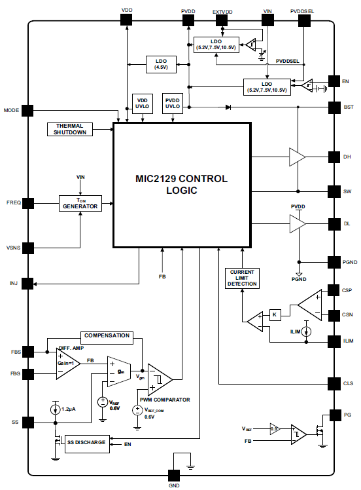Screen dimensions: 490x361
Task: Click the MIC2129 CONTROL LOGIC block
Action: point(181,184)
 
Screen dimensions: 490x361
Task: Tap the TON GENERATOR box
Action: point(80,203)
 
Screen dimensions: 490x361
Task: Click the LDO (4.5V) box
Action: point(160,64)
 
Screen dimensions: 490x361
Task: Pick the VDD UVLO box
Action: point(143,103)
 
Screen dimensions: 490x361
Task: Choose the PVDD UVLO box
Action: point(173,103)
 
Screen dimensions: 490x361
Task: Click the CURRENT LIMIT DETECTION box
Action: point(241,278)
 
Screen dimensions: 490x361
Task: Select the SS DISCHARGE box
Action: point(86,442)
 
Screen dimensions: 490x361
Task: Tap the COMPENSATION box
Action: point(107,336)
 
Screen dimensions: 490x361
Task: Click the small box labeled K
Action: point(275,315)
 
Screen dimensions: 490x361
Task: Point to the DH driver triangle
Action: point(298,157)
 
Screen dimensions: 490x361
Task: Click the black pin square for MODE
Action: point(27,111)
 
